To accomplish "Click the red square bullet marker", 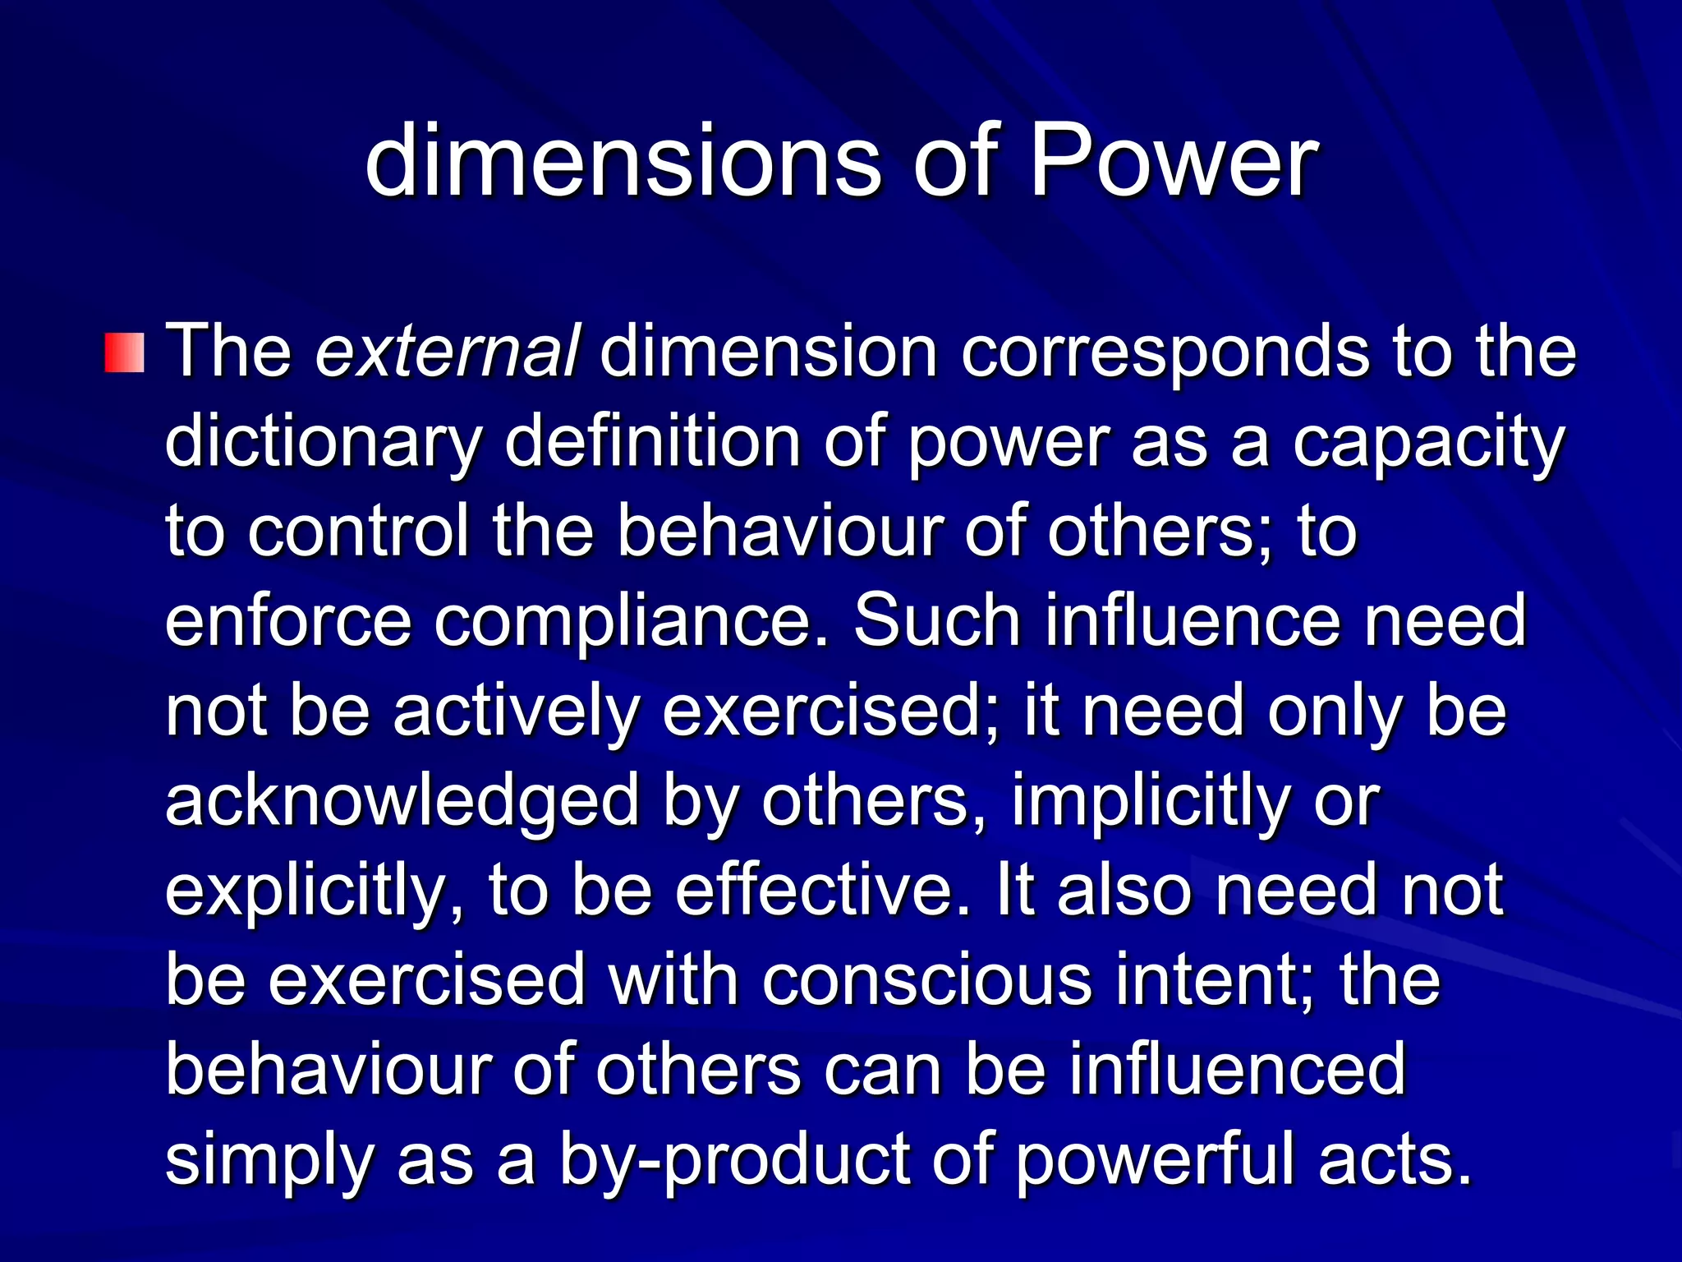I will (125, 352).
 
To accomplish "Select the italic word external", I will (448, 352).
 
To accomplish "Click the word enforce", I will (287, 621).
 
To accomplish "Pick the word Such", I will (936, 621).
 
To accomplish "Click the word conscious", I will (927, 981).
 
